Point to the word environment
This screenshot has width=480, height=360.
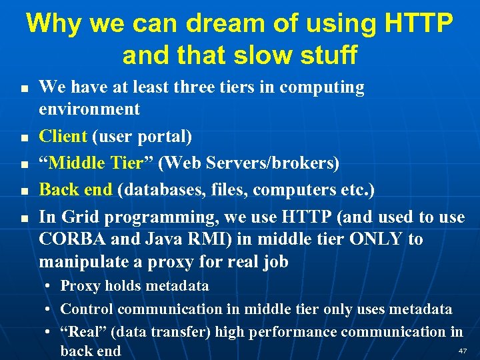(89, 109)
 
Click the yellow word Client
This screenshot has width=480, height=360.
(63, 136)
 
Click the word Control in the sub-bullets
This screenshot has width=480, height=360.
(85, 309)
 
